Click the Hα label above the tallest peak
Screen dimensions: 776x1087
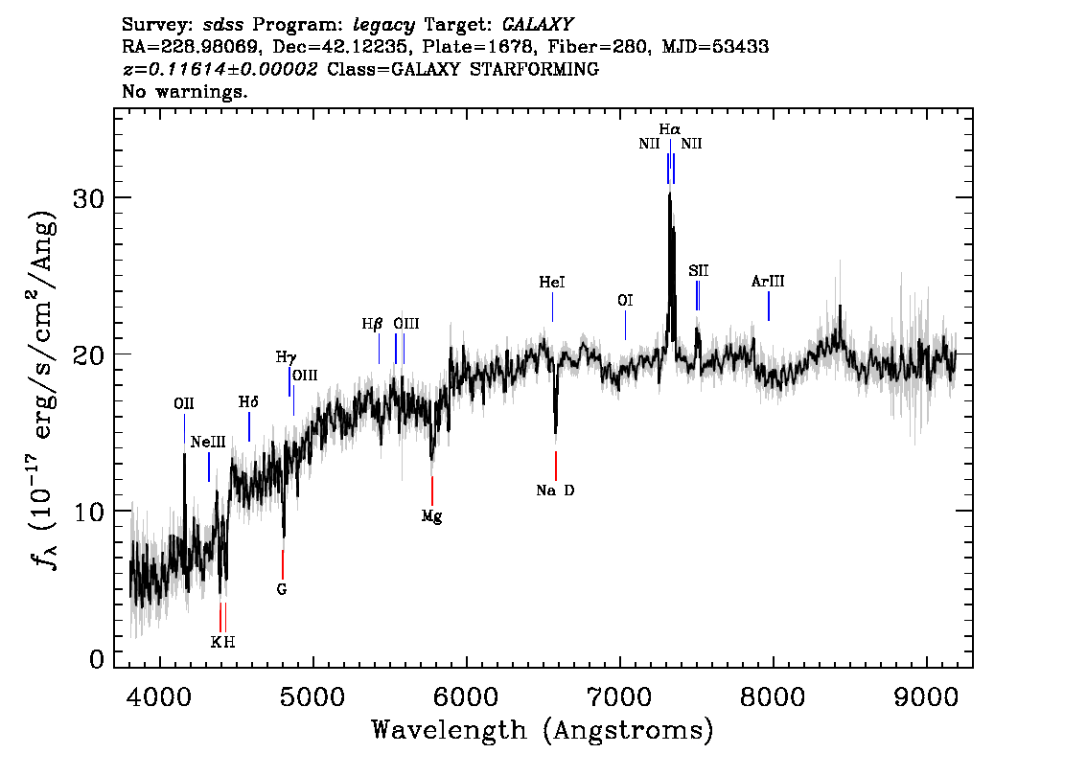click(x=669, y=128)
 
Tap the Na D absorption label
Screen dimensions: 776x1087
click(x=556, y=491)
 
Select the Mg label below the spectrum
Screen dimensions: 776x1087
click(x=431, y=516)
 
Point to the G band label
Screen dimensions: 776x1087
click(x=282, y=589)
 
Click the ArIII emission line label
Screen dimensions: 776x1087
click(x=768, y=282)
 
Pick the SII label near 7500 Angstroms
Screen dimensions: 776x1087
click(x=698, y=271)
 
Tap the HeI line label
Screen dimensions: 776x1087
click(x=552, y=284)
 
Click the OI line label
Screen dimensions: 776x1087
click(x=625, y=301)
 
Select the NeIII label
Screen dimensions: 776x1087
click(x=208, y=443)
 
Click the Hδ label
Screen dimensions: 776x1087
click(x=248, y=402)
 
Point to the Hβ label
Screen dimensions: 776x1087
click(x=372, y=325)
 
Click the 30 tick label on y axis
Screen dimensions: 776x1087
click(x=90, y=198)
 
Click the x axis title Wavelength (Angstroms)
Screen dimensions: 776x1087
click(x=543, y=731)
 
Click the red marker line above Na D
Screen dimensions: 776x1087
click(x=556, y=465)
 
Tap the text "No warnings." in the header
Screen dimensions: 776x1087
click(x=185, y=93)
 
